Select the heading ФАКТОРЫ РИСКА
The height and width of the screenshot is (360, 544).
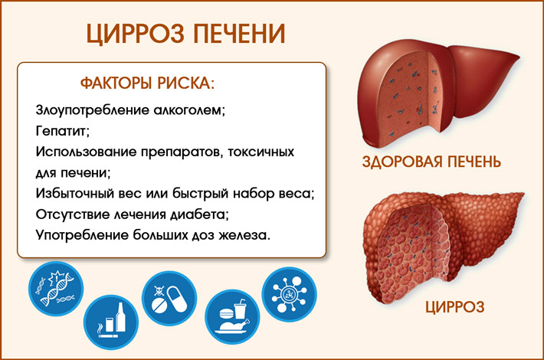coord(147,83)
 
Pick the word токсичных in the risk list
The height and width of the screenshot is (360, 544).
coord(266,151)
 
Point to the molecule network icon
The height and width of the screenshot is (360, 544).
coord(288,291)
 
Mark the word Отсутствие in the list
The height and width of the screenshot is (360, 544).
coord(68,212)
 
